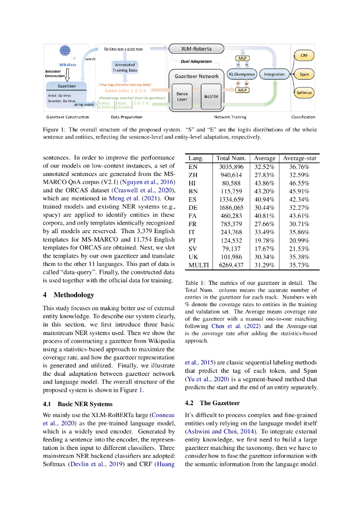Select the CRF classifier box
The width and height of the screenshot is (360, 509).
304,55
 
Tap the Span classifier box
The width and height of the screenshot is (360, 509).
304,74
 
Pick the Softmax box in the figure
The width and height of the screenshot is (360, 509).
304,92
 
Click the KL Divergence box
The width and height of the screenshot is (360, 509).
242,74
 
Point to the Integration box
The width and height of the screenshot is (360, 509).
274,74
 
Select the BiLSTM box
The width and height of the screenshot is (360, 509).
210,96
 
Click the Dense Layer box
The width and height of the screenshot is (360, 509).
182,96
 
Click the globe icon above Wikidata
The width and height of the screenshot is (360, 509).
66,50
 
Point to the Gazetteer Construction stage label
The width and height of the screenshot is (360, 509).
68,117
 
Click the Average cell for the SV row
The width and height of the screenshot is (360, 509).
265,249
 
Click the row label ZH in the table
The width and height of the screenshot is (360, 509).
193,175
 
